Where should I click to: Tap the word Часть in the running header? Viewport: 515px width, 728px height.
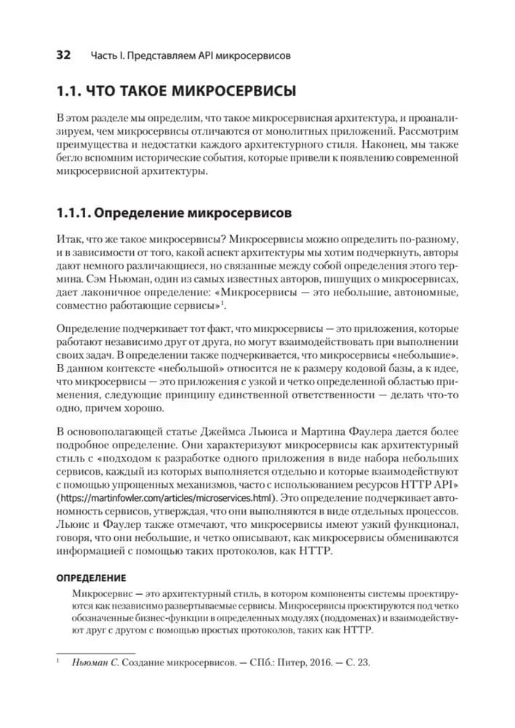pos(105,56)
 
